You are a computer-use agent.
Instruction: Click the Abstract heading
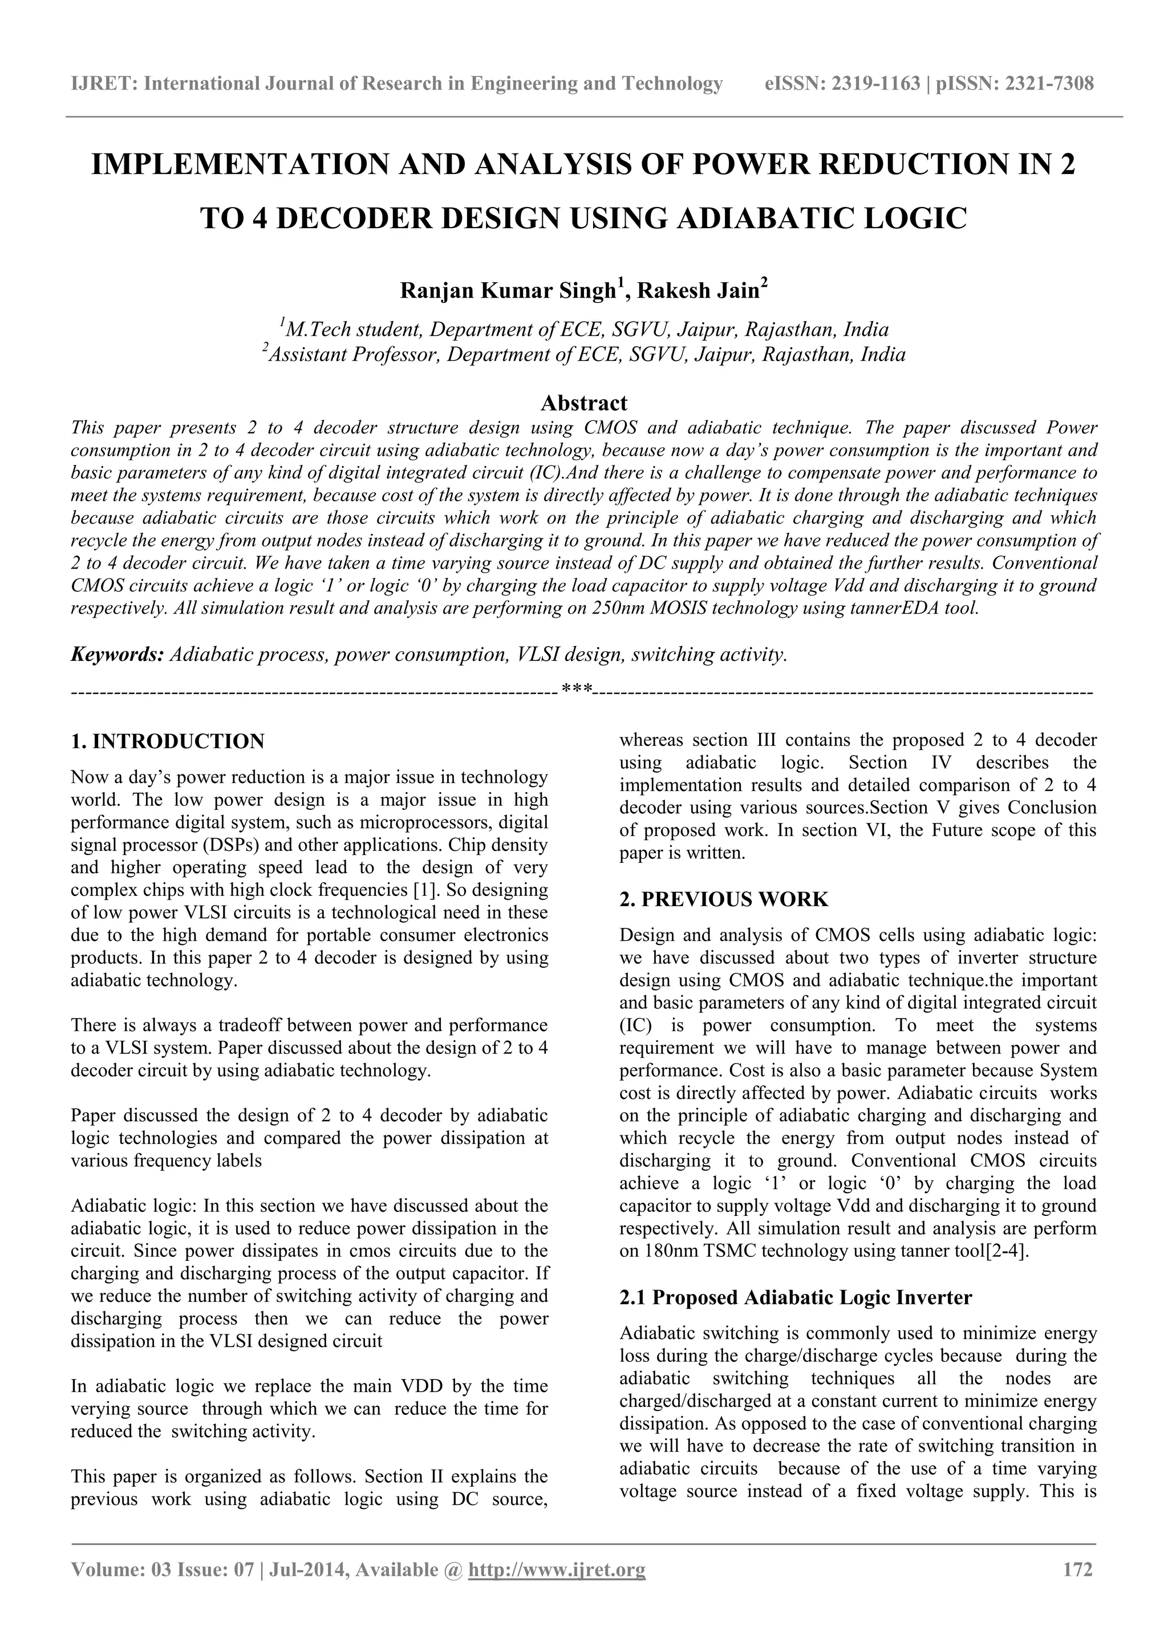tap(583, 402)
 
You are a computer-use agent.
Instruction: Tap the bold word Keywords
tap(116, 654)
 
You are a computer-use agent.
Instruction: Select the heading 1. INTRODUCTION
tap(168, 741)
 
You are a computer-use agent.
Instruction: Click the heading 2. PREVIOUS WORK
tap(724, 899)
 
